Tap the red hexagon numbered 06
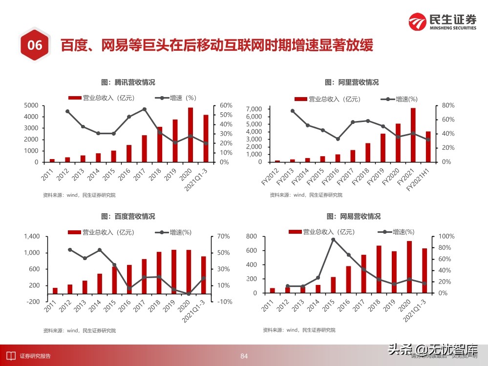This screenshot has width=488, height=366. point(34,46)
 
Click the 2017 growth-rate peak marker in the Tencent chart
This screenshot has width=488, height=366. point(145,109)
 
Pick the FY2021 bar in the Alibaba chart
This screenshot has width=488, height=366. point(413,135)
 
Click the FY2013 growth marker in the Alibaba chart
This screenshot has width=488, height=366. point(293,111)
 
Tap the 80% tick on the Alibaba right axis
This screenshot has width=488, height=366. point(448,105)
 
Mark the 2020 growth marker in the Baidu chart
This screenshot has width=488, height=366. point(189,293)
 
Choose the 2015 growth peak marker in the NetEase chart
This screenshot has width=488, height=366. point(333,240)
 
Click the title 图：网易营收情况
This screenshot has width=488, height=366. point(353,216)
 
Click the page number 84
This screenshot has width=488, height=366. point(244,356)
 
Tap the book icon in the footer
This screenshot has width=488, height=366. point(10,356)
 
